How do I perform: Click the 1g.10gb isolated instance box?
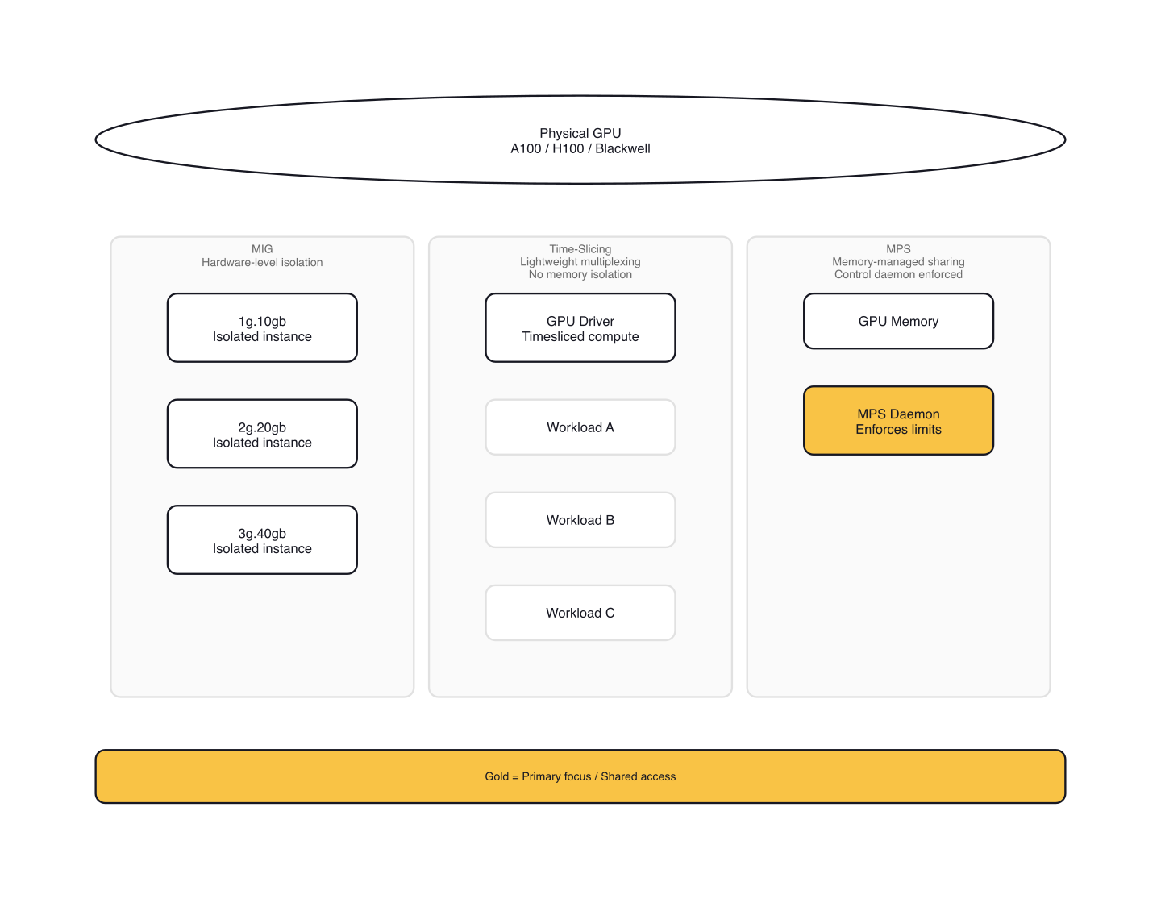click(262, 328)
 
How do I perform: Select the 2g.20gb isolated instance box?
click(262, 435)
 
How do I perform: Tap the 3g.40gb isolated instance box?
click(262, 540)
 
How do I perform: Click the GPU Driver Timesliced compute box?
click(580, 328)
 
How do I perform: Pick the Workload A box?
click(580, 427)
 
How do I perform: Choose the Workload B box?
click(580, 520)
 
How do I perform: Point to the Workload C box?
click(580, 613)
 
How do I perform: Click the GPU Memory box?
click(898, 321)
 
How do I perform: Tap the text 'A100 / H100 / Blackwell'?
click(580, 148)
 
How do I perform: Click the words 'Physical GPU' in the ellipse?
click(580, 133)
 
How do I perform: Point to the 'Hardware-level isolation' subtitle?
click(262, 262)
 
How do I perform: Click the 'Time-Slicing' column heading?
click(580, 249)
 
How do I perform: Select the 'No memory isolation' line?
click(580, 274)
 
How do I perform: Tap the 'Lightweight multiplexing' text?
click(580, 261)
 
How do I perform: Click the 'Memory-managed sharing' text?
click(898, 261)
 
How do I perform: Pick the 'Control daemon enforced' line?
click(898, 274)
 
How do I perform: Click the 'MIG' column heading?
click(262, 249)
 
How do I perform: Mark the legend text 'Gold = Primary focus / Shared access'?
click(580, 776)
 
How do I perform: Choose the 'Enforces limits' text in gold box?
click(898, 430)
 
